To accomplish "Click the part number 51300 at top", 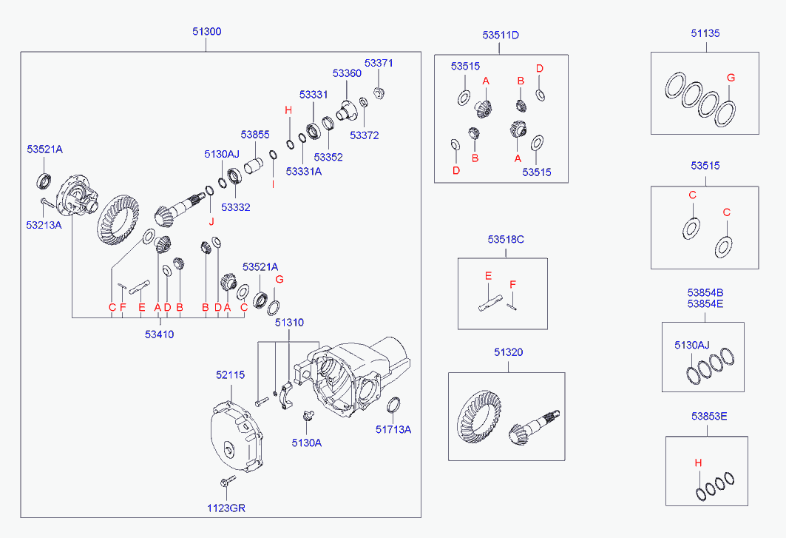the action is (206, 31).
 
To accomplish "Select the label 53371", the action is (379, 63).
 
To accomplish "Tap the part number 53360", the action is (347, 73).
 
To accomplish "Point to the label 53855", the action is (254, 135).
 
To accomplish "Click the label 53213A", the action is (44, 225).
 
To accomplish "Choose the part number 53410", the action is (160, 334).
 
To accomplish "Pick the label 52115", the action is (231, 374).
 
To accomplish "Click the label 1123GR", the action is (226, 508).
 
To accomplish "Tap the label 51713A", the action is (393, 429).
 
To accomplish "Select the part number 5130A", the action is (307, 443).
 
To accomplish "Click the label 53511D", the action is (501, 35).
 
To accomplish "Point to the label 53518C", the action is (506, 239).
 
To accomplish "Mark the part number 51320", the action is (508, 352).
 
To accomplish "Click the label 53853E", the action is (709, 416).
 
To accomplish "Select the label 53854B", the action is (705, 292).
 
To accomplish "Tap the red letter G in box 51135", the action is (731, 78).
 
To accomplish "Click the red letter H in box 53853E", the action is (698, 463).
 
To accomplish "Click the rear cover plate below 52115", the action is (237, 436).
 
